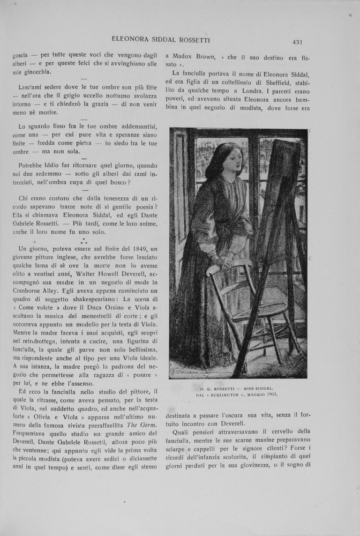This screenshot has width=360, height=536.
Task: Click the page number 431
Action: click(298, 41)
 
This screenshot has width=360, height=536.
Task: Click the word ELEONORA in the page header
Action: click(131, 39)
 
